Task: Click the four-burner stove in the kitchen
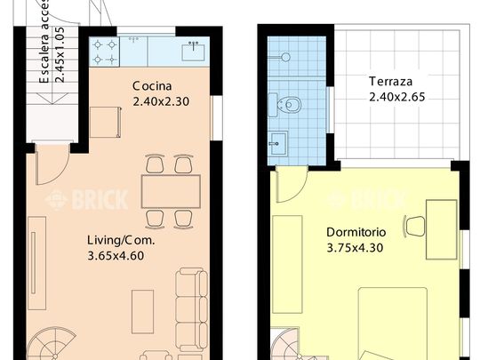click(105, 51)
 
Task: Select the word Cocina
click(152, 86)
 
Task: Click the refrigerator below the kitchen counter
click(105, 120)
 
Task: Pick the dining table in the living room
click(169, 190)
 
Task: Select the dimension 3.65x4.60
click(116, 255)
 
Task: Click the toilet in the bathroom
click(292, 106)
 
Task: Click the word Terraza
click(392, 82)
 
